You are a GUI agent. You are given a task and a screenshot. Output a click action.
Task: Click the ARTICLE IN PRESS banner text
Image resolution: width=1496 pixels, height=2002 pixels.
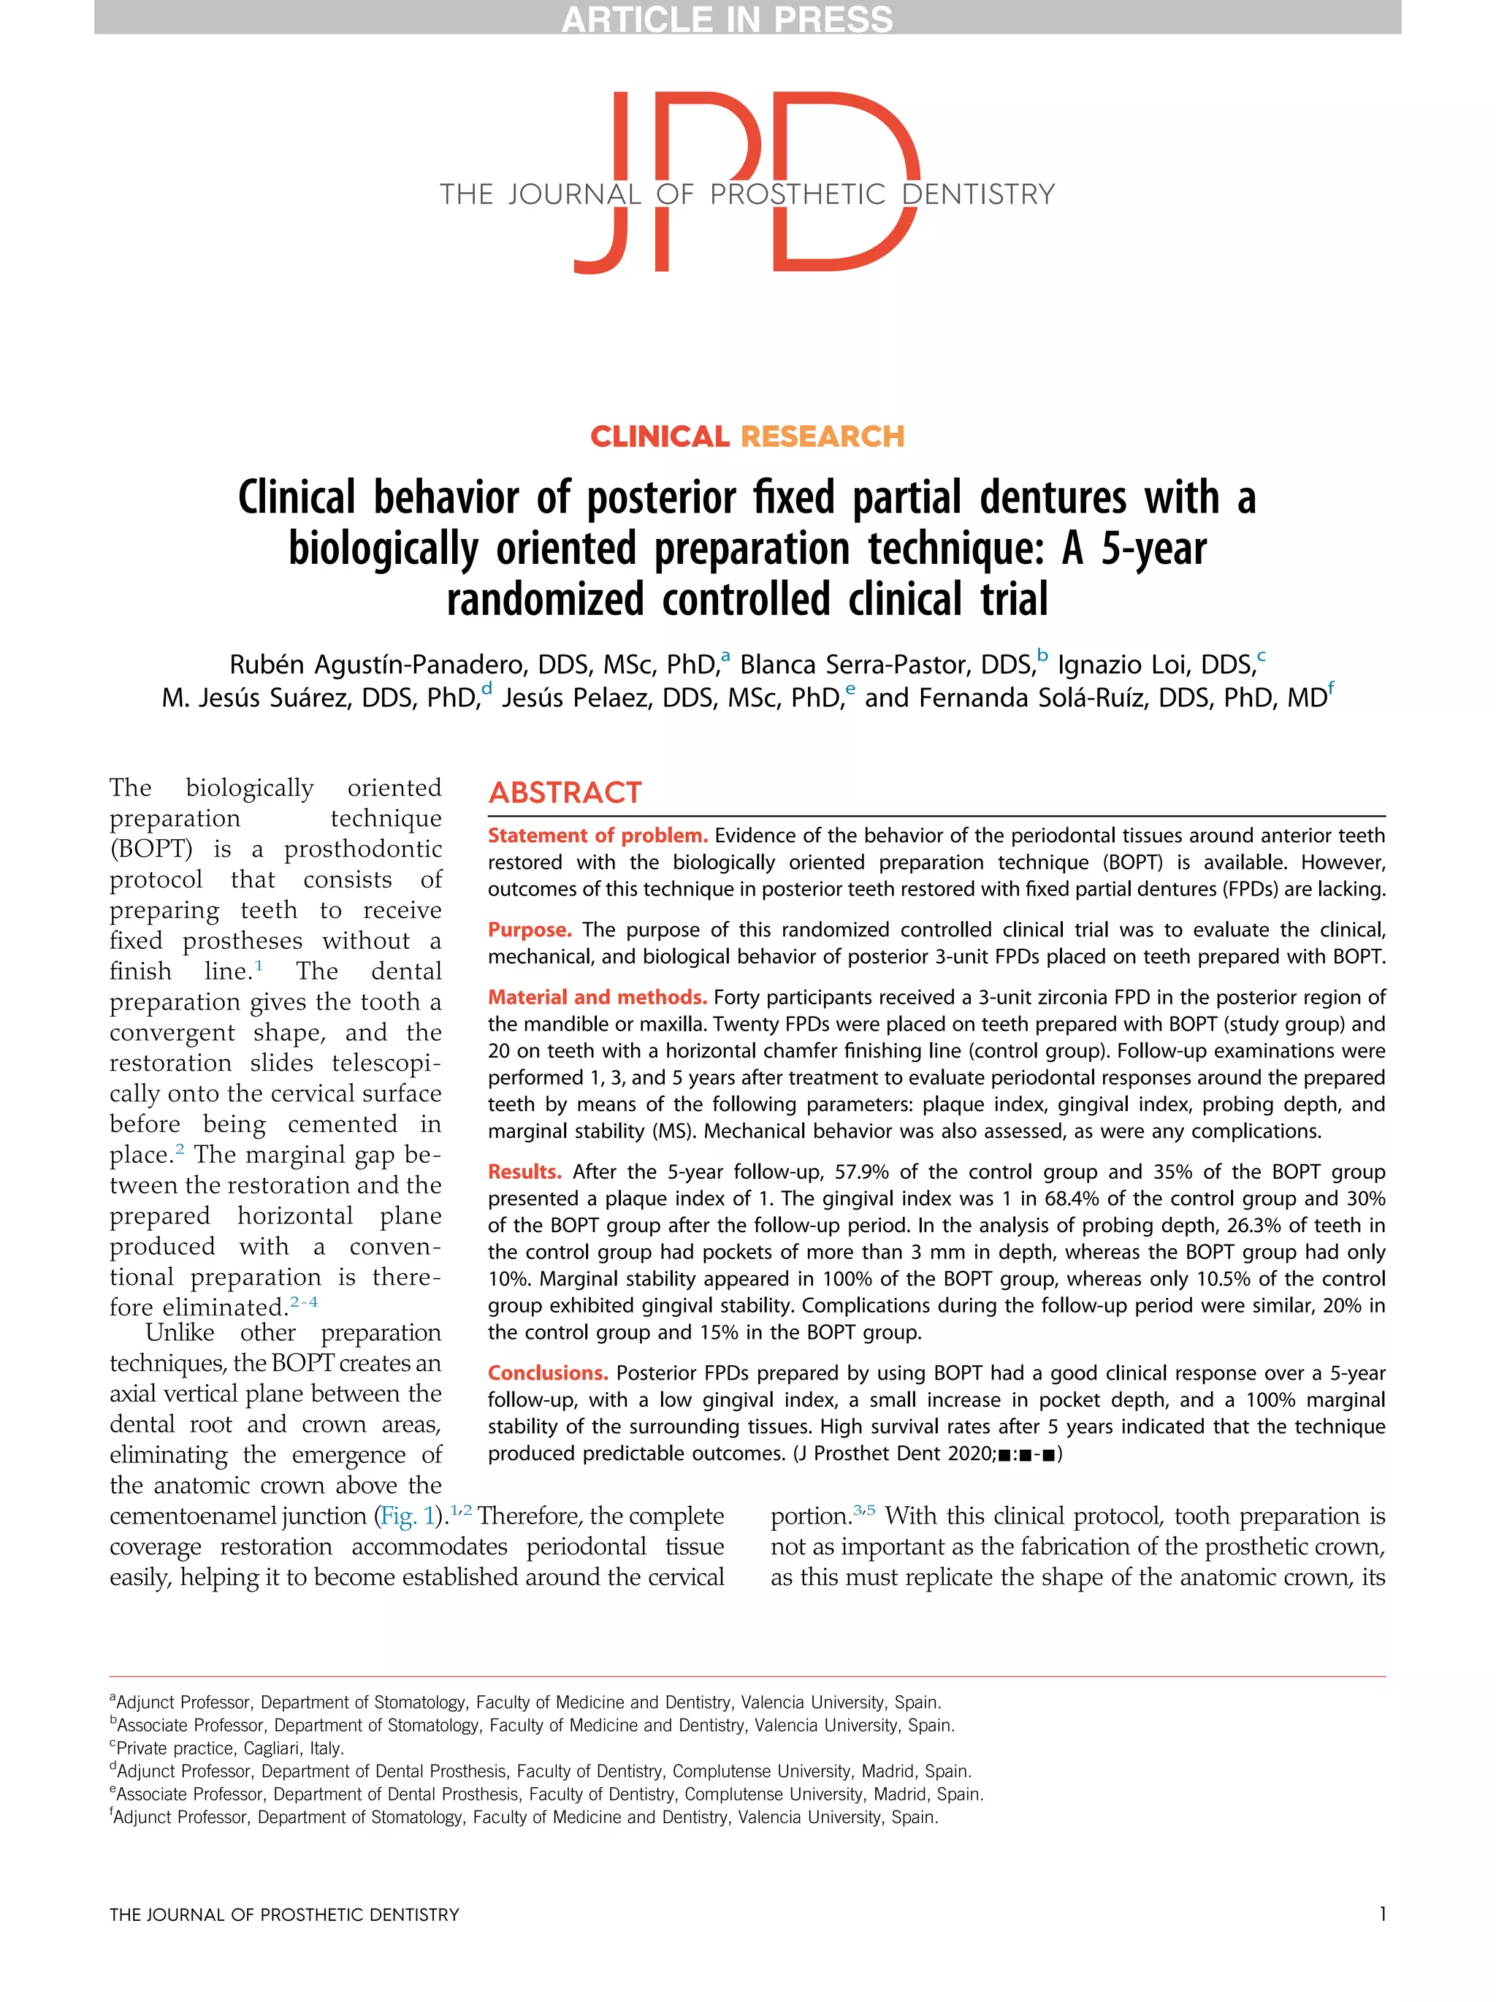(x=727, y=19)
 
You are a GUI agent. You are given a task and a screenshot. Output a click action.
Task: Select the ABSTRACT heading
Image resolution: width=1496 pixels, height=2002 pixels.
(x=565, y=792)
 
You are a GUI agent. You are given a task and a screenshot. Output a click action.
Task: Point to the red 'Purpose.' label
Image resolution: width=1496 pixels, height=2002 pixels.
(x=530, y=930)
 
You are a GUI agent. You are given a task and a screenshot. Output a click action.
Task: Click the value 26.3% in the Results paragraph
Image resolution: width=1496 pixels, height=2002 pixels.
(x=1262, y=1226)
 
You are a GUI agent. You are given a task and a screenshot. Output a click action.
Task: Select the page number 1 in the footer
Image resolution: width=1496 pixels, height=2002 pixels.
(x=1382, y=1914)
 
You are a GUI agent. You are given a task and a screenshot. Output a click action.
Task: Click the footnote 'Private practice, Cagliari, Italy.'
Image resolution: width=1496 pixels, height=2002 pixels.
(x=230, y=1748)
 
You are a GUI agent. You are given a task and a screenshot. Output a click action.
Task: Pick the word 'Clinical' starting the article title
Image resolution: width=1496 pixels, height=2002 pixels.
(x=297, y=499)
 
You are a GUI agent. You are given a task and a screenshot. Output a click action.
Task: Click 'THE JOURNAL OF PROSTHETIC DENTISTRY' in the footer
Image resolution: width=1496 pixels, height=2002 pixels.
(x=284, y=1914)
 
